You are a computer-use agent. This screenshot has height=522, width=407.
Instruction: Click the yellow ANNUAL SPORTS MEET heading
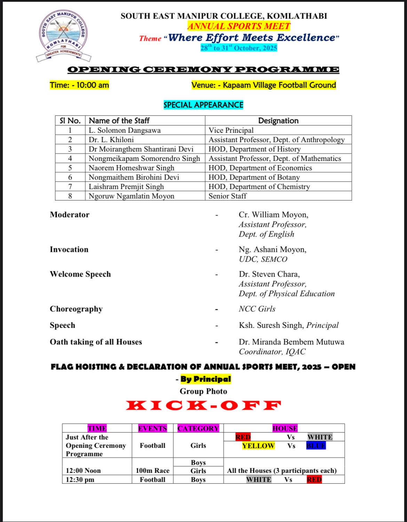pyautogui.click(x=239, y=26)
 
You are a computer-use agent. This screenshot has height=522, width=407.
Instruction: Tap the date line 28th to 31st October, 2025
pyautogui.click(x=239, y=48)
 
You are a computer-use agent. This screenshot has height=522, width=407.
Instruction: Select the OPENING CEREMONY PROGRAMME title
pyautogui.click(x=203, y=70)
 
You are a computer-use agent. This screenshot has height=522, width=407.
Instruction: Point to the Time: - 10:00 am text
pyautogui.click(x=79, y=85)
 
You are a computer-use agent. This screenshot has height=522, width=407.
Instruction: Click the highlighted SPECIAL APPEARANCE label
pyautogui.click(x=203, y=105)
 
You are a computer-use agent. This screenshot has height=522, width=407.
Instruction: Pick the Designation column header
pyautogui.click(x=278, y=121)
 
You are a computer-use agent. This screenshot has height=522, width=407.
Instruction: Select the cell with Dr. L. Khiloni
pyautogui.click(x=111, y=140)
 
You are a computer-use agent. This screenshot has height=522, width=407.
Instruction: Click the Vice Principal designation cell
pyautogui.click(x=231, y=130)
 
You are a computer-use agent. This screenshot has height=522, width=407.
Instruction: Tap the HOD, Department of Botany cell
pyautogui.click(x=254, y=177)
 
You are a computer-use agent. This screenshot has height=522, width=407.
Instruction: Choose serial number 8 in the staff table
pyautogui.click(x=70, y=196)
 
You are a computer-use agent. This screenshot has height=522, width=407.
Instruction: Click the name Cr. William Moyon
pyautogui.click(x=273, y=215)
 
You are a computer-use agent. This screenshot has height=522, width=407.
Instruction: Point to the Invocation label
pyautogui.click(x=69, y=249)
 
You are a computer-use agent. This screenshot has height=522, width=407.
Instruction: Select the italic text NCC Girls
pyautogui.click(x=257, y=309)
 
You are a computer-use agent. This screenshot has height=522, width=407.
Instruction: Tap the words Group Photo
pyautogui.click(x=203, y=391)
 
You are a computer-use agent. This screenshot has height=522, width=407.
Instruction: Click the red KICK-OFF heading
pyautogui.click(x=203, y=405)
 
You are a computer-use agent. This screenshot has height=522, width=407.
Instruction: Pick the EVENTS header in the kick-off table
pyautogui.click(x=152, y=428)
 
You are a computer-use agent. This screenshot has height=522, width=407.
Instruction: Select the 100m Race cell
pyautogui.click(x=152, y=471)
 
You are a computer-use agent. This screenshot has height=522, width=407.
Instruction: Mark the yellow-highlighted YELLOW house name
pyautogui.click(x=258, y=446)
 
